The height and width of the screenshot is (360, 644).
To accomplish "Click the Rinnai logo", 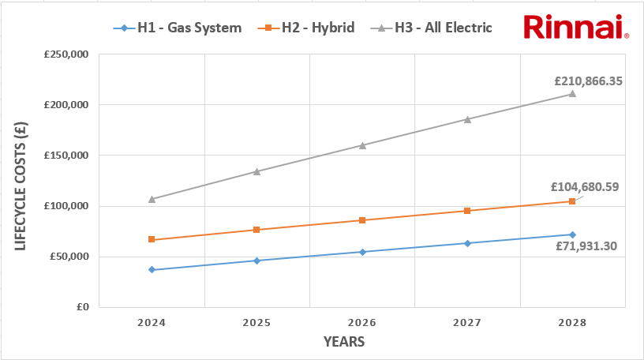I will (575, 27).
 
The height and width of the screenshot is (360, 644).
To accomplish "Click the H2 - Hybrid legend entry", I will (306, 28).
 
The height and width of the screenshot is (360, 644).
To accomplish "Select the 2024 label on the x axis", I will (152, 323).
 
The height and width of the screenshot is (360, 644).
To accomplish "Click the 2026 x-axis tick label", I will (362, 323).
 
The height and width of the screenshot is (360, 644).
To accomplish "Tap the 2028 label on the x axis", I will (572, 323).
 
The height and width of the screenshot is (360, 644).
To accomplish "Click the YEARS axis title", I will (344, 342).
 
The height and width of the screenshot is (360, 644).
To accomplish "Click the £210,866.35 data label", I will (588, 81).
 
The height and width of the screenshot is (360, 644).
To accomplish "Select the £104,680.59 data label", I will (585, 188).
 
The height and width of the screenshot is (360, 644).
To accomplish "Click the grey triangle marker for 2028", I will (572, 94).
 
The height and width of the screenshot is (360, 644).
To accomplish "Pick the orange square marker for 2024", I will (152, 239).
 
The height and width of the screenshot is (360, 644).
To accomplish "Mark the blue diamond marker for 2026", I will (362, 252).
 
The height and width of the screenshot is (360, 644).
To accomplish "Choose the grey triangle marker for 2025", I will (256, 171).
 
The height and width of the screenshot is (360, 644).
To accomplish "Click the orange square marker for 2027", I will (467, 211).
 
